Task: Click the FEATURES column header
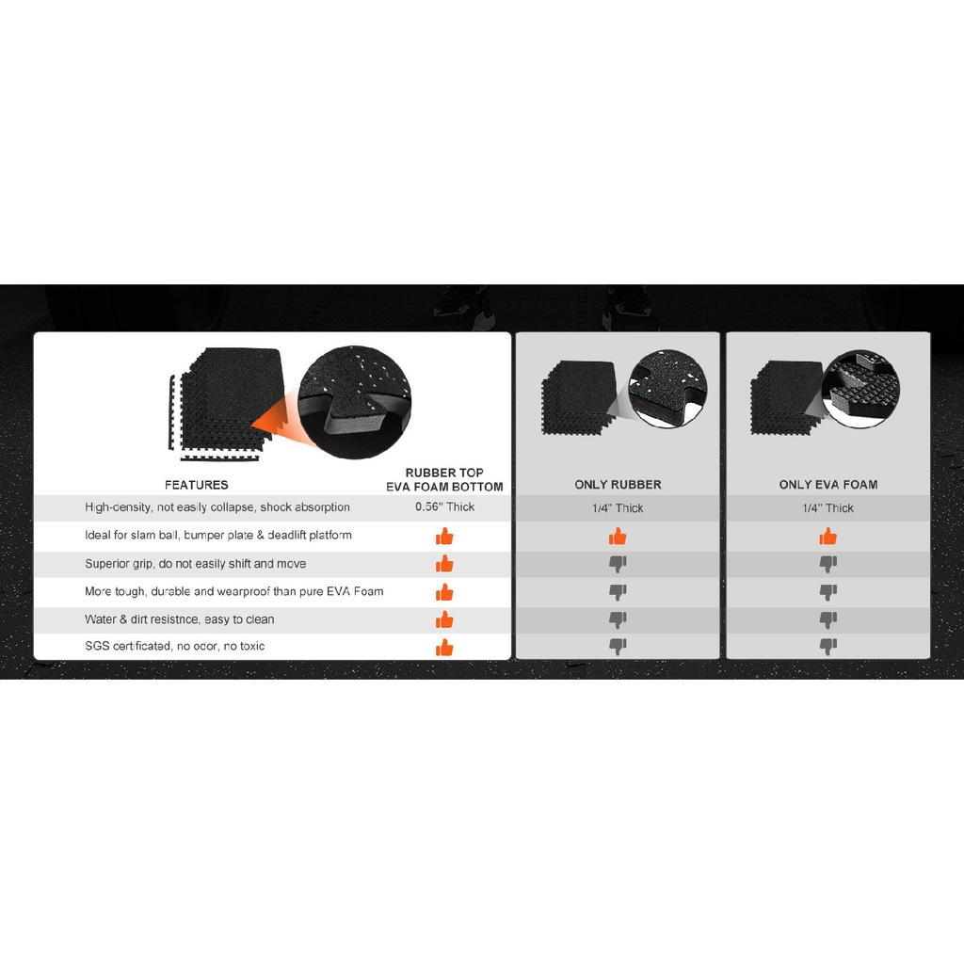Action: pyautogui.click(x=196, y=485)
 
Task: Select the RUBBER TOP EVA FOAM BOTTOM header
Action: pyautogui.click(x=444, y=479)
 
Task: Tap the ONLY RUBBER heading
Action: pyautogui.click(x=618, y=485)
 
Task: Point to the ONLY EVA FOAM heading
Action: pyautogui.click(x=828, y=485)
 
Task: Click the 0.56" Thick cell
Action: pyautogui.click(x=444, y=506)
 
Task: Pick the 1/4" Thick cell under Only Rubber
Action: pyautogui.click(x=618, y=507)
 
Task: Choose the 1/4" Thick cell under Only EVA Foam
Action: pyautogui.click(x=828, y=507)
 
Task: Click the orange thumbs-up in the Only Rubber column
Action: pyautogui.click(x=618, y=536)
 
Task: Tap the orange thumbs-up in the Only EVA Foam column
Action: pyautogui.click(x=828, y=536)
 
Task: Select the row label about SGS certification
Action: pyautogui.click(x=174, y=646)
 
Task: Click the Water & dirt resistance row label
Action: pyautogui.click(x=180, y=619)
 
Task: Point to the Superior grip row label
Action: pyautogui.click(x=196, y=564)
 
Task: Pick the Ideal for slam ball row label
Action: pyautogui.click(x=218, y=535)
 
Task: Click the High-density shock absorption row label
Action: pyautogui.click(x=217, y=507)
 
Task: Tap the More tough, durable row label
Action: pyautogui.click(x=234, y=591)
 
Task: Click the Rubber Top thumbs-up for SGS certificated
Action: pyautogui.click(x=444, y=648)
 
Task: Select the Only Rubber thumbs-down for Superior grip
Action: pyautogui.click(x=618, y=564)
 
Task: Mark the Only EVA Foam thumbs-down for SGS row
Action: pyautogui.click(x=828, y=646)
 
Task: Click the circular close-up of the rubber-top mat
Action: pyautogui.click(x=355, y=402)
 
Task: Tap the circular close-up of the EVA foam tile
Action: pyautogui.click(x=860, y=389)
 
